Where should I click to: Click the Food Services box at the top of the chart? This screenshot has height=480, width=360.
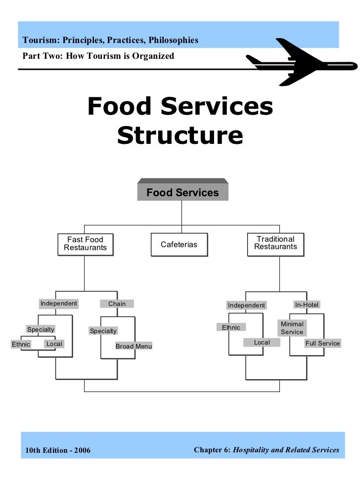[x=182, y=192]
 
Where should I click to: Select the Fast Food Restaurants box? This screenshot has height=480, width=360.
[x=85, y=244]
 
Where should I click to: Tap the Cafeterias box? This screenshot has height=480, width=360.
[x=179, y=245]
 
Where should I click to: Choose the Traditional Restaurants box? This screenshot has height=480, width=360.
[x=275, y=243]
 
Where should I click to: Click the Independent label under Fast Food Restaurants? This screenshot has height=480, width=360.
[x=59, y=304]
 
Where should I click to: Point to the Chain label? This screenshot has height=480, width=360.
[x=117, y=304]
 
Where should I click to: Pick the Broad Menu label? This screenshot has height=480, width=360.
[x=134, y=346]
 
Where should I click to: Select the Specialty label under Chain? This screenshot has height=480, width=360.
[x=103, y=331]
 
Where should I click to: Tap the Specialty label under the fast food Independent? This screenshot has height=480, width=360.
[x=41, y=329]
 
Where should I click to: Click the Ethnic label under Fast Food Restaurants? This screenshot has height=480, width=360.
[x=21, y=344]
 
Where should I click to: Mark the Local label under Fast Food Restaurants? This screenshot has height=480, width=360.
[x=54, y=344]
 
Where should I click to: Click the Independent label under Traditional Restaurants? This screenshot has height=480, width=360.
[x=246, y=305]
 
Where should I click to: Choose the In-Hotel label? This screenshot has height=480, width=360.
[x=307, y=305]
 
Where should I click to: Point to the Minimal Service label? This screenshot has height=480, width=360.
[x=292, y=328]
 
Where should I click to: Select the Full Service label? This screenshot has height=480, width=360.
[x=322, y=343]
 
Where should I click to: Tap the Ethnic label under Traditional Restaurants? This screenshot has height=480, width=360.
[x=231, y=327]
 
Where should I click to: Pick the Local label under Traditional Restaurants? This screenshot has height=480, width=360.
[x=262, y=342]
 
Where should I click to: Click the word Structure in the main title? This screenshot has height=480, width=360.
[x=180, y=135]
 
